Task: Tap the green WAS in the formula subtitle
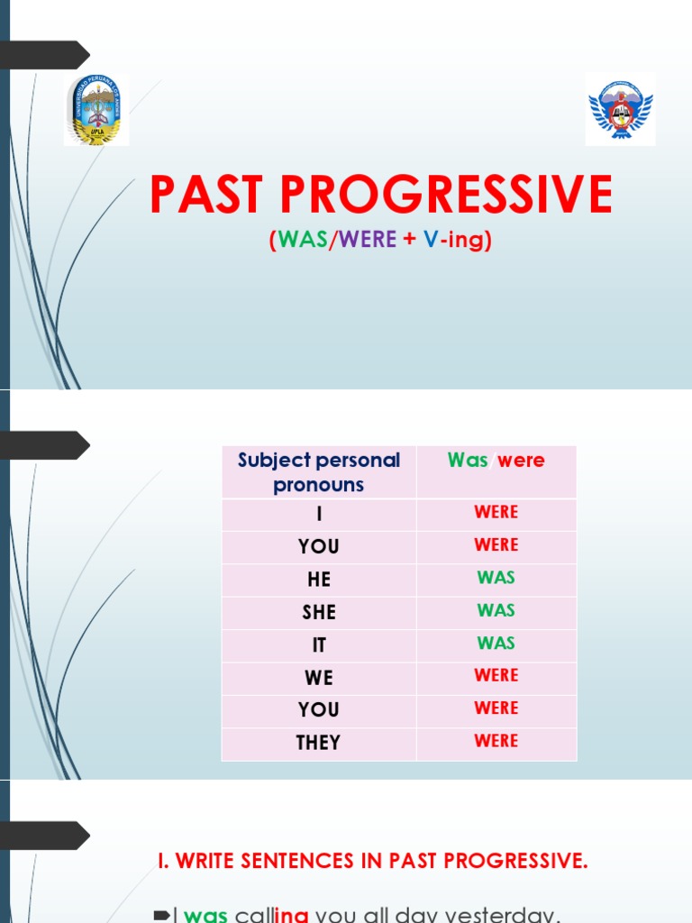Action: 303,241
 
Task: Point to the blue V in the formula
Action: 430,241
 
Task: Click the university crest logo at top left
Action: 96,110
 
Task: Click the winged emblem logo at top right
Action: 620,109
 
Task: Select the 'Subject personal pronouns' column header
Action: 319,472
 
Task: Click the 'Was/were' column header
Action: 496,461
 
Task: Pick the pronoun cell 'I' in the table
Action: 319,515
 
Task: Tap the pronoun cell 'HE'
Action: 319,580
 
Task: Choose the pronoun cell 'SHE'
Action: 319,612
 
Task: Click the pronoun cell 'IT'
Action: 319,645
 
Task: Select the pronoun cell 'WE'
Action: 319,678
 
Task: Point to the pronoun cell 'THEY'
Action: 319,743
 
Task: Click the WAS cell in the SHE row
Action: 496,610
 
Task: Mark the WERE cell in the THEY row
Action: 496,741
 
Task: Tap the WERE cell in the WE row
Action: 496,676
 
